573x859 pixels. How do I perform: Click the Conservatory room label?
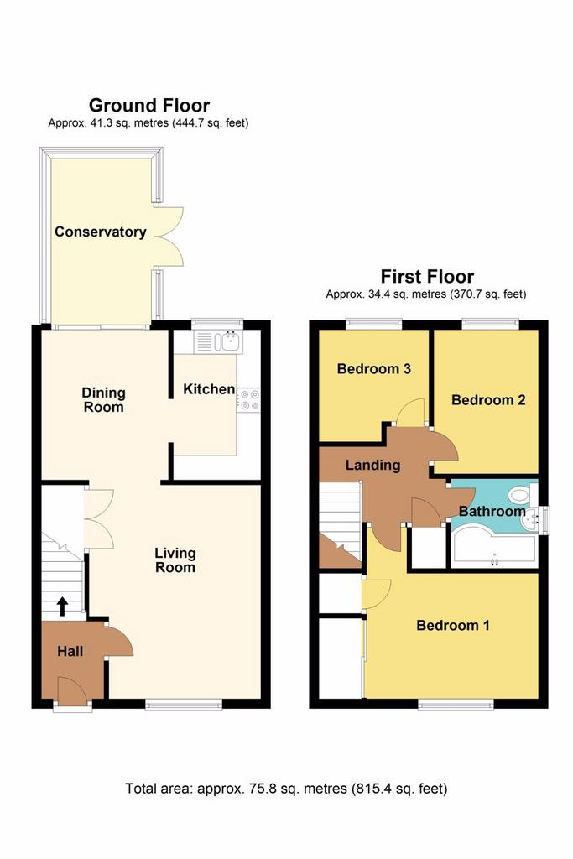click(100, 232)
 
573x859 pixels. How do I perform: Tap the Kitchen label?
click(209, 389)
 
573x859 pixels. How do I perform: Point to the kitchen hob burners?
click(249, 399)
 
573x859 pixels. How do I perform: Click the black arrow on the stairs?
click(62, 606)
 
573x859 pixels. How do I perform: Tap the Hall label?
click(70, 651)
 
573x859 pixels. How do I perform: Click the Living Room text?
click(175, 560)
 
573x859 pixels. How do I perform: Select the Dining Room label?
click(103, 400)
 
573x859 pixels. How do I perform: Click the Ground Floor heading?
click(149, 105)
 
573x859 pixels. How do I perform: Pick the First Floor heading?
click(427, 276)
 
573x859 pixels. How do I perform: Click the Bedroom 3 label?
click(373, 369)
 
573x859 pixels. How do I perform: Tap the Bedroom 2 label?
click(488, 400)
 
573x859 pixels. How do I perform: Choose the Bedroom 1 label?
click(453, 625)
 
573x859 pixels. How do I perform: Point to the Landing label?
click(372, 465)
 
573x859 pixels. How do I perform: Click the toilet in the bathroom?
click(522, 495)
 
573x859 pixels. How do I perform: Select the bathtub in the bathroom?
click(493, 549)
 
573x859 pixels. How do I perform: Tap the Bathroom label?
click(492, 511)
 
